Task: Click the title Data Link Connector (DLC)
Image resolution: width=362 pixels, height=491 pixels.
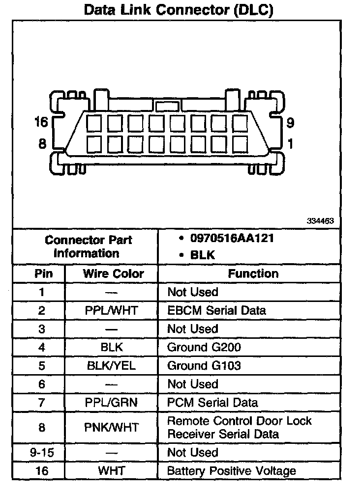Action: click(179, 9)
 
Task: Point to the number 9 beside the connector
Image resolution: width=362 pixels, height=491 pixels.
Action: click(290, 123)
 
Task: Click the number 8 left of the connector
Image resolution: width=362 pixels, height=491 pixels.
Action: click(42, 144)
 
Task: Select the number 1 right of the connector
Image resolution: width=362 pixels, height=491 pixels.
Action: click(290, 144)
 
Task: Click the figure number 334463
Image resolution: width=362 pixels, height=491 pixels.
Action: click(320, 221)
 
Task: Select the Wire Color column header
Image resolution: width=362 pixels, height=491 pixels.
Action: click(113, 273)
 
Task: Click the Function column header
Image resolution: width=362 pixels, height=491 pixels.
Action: click(253, 273)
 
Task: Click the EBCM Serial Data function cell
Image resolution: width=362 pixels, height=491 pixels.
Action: click(216, 310)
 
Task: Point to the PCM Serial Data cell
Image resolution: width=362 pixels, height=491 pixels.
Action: click(212, 403)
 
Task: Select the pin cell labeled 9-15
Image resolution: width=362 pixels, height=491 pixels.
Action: click(42, 452)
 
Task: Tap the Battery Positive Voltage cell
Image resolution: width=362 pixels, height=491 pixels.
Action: click(231, 471)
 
